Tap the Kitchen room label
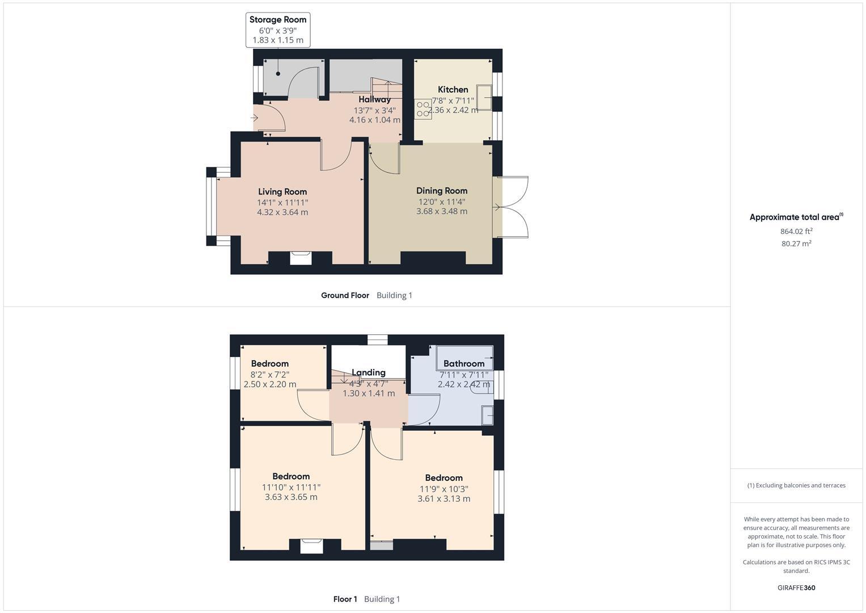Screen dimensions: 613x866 pyautogui.click(x=453, y=90)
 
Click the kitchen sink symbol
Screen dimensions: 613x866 pyautogui.click(x=484, y=98)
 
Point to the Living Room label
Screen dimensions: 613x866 pyautogui.click(x=282, y=192)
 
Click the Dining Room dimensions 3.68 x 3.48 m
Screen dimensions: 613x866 pyautogui.click(x=442, y=211)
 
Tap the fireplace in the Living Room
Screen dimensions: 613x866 pyautogui.click(x=301, y=258)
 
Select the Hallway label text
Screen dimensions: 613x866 pyautogui.click(x=374, y=100)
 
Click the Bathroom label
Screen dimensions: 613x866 pyautogui.click(x=464, y=364)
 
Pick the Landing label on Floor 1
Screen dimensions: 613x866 pyautogui.click(x=368, y=373)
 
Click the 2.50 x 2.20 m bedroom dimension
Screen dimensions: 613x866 pyautogui.click(x=270, y=384)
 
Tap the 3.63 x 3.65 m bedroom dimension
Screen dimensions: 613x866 pyautogui.click(x=291, y=497)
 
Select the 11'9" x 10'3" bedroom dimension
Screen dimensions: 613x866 pyautogui.click(x=444, y=489)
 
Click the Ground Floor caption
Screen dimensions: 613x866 pyautogui.click(x=345, y=295)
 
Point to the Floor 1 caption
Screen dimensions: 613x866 pyautogui.click(x=345, y=599)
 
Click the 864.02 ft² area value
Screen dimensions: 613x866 pyautogui.click(x=796, y=231)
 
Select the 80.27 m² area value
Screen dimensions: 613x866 pyautogui.click(x=796, y=243)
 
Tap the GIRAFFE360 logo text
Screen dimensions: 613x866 pyautogui.click(x=796, y=588)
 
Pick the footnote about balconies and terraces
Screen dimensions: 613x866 pyautogui.click(x=796, y=485)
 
